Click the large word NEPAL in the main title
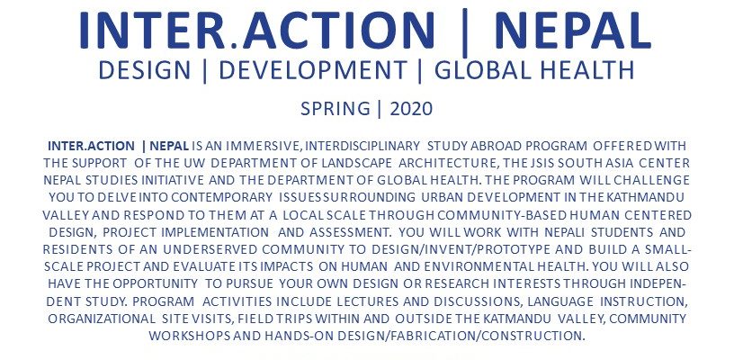[x=572, y=31]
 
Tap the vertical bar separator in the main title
[x=464, y=32]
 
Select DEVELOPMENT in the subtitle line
[x=312, y=70]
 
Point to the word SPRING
[x=336, y=109]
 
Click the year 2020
[x=411, y=109]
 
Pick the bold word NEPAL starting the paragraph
[x=169, y=146]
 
